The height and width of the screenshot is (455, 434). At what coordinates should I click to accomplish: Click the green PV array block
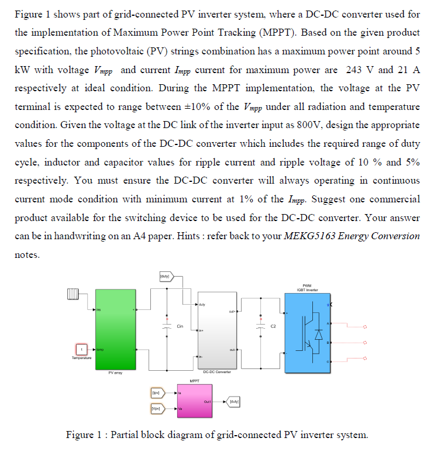coord(115,329)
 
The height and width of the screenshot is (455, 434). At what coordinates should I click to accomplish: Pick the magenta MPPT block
coord(195,401)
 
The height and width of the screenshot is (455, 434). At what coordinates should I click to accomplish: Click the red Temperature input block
coord(83,349)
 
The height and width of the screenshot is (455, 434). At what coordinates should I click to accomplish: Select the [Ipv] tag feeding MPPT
coord(156,393)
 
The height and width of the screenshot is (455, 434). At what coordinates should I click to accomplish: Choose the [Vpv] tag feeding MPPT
coord(156,409)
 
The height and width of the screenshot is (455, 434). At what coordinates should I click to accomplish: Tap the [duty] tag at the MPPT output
coord(233,401)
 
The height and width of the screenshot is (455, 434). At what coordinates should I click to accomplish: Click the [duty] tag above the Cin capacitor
coord(164,275)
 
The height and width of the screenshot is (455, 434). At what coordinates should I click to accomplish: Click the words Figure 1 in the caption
coord(85,435)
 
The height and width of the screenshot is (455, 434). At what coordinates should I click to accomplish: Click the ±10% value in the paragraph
coord(217,106)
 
